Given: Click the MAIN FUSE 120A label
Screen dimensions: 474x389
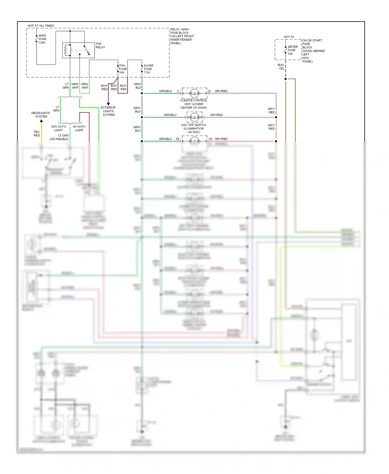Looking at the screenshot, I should [42, 39].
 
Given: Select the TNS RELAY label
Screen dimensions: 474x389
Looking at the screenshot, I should [100, 46].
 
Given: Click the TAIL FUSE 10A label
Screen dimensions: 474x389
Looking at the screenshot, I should [123, 69].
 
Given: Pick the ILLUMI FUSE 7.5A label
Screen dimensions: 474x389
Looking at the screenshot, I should [148, 69].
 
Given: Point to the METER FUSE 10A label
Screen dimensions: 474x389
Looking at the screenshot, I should [292, 50].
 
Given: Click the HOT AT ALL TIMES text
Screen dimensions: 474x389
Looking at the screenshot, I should [41, 26].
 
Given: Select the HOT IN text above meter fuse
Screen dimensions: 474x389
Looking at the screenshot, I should [289, 37].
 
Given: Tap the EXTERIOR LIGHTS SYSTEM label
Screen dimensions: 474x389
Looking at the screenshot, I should [108, 111].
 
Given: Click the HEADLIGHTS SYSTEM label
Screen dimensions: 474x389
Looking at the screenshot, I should [41, 115].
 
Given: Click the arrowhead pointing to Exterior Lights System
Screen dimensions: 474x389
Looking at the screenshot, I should [108, 104].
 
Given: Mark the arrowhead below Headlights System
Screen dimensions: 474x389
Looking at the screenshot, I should [41, 121].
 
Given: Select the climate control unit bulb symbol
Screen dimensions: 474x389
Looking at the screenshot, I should [195, 93].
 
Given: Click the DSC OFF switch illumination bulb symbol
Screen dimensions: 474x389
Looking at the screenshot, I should [195, 117].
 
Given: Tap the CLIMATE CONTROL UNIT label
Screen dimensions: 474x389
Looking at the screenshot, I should [193, 104].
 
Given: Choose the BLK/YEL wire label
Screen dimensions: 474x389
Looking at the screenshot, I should [281, 67].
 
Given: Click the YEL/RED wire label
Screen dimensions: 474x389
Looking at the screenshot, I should [37, 134].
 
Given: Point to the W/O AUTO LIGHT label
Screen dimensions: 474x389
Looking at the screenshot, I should [59, 128].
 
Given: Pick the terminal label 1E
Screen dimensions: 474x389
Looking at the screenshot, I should [177, 139].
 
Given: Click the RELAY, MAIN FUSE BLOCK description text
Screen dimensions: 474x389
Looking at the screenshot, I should [182, 36].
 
